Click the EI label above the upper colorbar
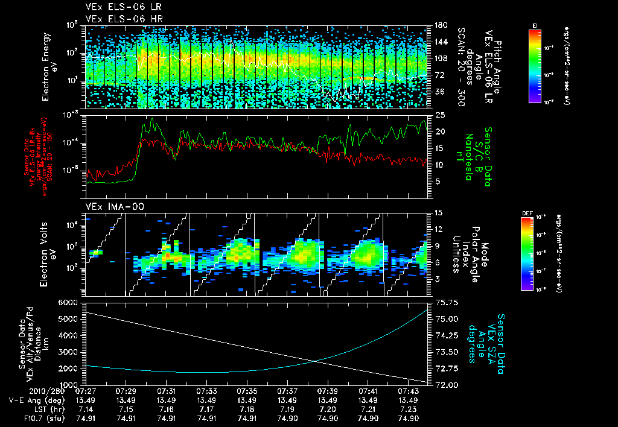pyautogui.click(x=535, y=25)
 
